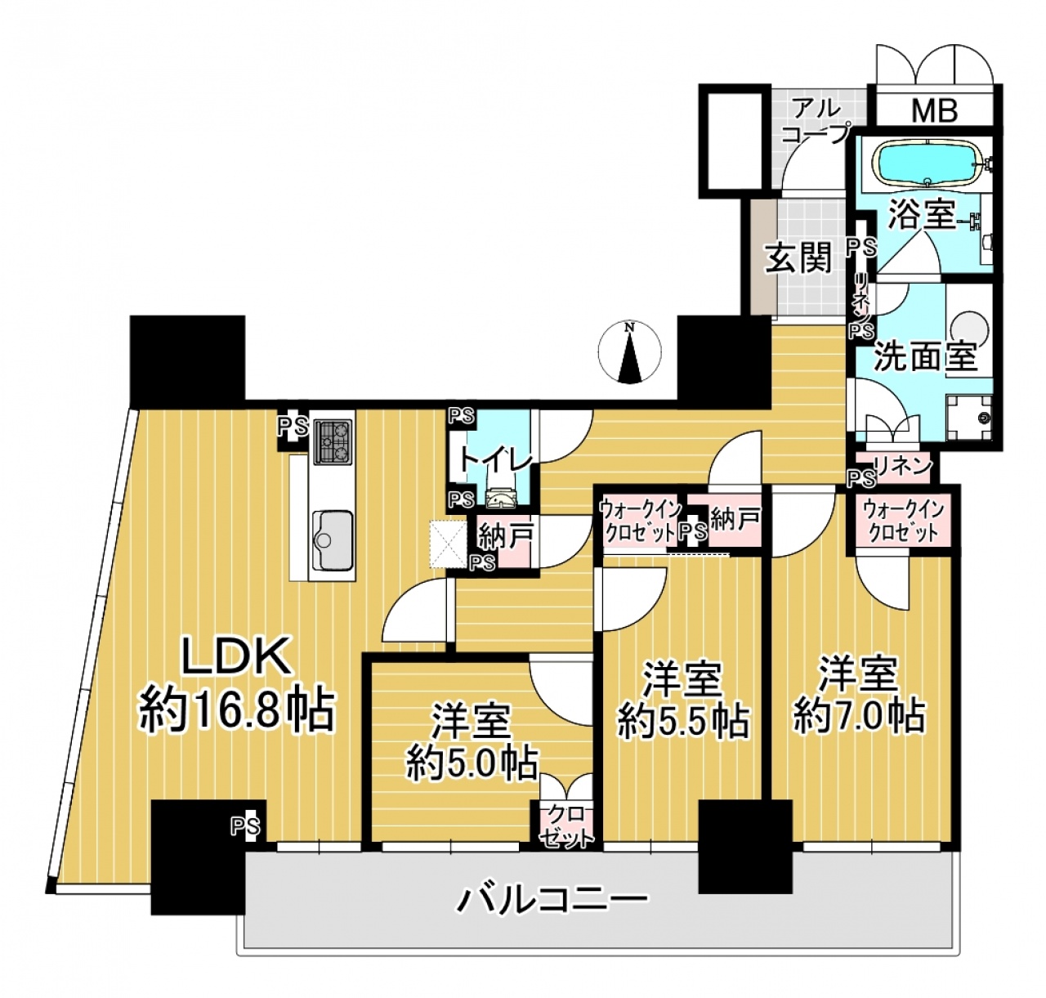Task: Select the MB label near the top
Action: [934, 110]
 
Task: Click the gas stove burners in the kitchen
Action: [333, 441]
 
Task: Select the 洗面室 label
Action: [927, 356]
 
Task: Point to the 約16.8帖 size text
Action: [236, 710]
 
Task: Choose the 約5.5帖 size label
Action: [683, 723]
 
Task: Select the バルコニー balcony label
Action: [553, 899]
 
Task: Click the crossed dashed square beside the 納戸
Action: [449, 544]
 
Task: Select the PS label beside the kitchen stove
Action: [294, 425]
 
